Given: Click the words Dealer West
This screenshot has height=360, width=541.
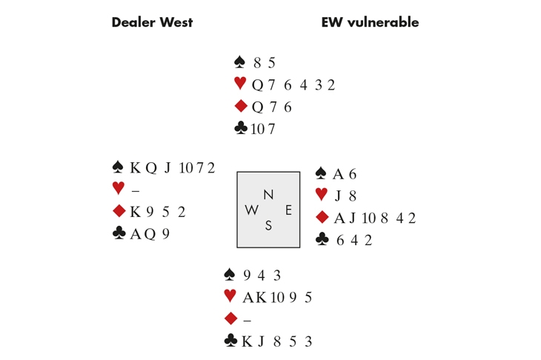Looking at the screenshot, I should [152, 22].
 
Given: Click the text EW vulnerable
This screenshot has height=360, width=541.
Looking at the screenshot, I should [370, 22].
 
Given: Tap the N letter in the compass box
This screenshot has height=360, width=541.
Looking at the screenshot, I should [268, 195].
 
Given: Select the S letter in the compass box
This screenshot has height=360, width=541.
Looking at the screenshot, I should [268, 226].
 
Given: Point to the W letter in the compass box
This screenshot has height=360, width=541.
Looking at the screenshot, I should [252, 210].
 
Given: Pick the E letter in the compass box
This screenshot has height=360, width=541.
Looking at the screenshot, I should [288, 210].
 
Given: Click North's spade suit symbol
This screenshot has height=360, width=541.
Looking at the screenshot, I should [239, 62].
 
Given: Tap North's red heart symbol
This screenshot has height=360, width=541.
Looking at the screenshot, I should [239, 84].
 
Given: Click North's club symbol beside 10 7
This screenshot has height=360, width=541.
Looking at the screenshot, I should [240, 128].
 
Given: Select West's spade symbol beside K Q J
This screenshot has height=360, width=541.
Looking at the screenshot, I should [118, 167].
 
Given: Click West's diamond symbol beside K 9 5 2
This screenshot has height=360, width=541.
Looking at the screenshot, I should [119, 211].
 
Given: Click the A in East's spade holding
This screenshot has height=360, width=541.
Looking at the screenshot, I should [338, 174].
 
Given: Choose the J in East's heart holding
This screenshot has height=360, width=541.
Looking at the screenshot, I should [338, 196].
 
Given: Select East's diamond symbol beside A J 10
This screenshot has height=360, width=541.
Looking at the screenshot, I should [322, 218].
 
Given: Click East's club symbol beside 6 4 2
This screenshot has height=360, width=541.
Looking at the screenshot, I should [322, 239].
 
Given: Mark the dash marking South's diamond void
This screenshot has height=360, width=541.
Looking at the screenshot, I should [247, 320].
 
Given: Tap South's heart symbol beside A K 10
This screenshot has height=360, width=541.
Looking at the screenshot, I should [230, 296].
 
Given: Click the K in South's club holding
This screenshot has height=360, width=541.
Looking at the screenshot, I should [248, 341].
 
